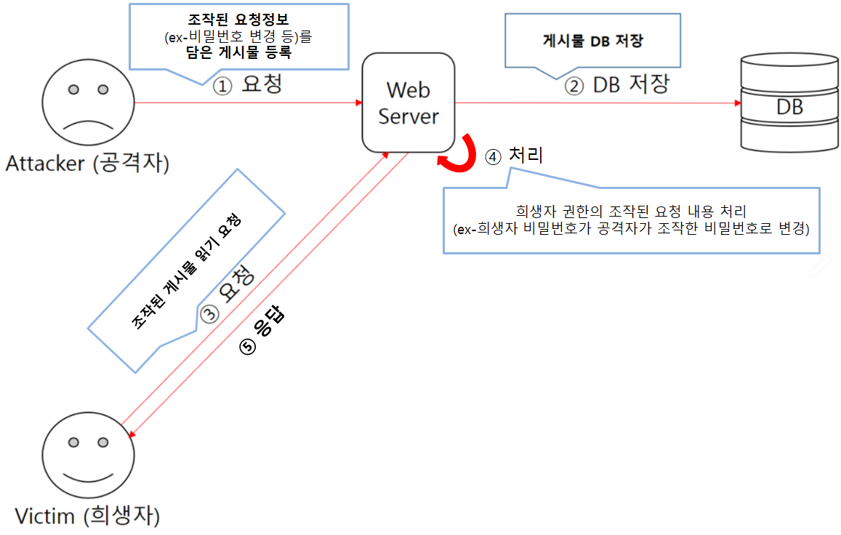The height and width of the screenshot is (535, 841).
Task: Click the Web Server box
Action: (409, 102)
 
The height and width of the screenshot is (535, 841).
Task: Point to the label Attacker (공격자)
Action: (87, 164)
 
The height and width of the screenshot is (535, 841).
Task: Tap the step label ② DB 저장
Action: (616, 85)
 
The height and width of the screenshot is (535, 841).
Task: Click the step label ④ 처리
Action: (515, 156)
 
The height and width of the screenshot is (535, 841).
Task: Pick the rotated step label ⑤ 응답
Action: (262, 331)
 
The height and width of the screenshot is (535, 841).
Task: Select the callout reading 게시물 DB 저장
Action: (592, 42)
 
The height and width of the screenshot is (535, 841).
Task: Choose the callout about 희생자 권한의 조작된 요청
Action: (631, 219)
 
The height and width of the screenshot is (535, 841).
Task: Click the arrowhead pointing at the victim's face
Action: (129, 435)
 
